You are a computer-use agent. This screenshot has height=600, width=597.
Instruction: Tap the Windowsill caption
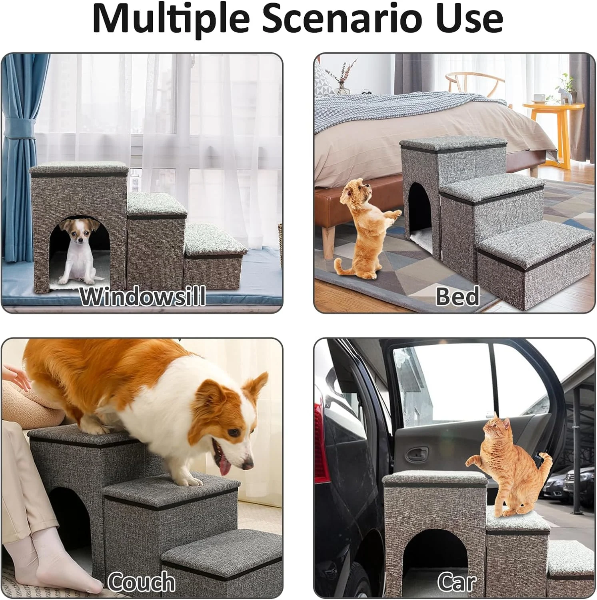(x=143, y=296)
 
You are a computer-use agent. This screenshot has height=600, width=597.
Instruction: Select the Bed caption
(x=457, y=296)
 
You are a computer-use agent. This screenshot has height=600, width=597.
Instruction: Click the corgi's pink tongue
(x=224, y=465)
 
